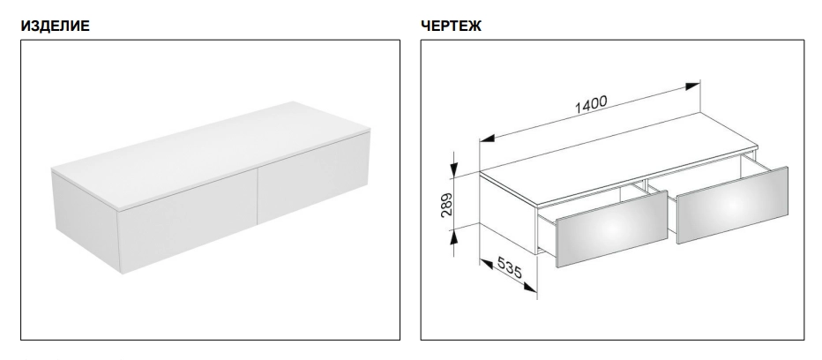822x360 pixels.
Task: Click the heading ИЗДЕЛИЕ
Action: coord(55,26)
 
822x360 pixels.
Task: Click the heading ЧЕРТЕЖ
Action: coord(451,26)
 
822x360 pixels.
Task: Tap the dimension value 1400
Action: coord(591,104)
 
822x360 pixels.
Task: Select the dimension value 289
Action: coord(446,204)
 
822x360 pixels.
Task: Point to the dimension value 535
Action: coord(509,267)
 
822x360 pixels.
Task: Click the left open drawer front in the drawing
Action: coord(611,229)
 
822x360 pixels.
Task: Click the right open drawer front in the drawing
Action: coord(732,205)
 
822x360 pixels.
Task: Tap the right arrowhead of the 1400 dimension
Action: coord(692,86)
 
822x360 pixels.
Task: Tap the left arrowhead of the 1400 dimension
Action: coord(488,139)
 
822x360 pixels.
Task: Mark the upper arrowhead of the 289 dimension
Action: coord(454,169)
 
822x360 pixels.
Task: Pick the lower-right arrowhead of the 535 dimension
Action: coord(530,287)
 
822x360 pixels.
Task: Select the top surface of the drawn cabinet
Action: coord(618,157)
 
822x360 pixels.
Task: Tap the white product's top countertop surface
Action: coord(211,154)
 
